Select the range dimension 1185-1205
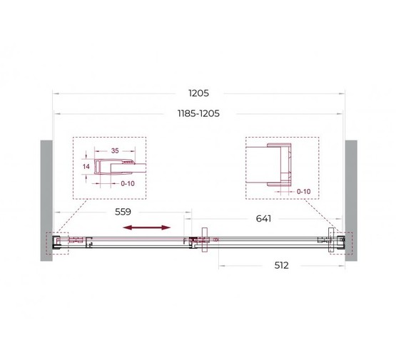pos(198,113)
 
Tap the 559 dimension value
pos(122,212)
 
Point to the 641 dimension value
pos(265,219)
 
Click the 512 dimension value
pos(281,265)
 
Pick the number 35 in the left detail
pos(115,151)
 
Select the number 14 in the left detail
pos(86,165)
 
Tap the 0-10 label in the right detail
pos(304,191)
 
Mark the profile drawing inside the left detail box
pos(118,165)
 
